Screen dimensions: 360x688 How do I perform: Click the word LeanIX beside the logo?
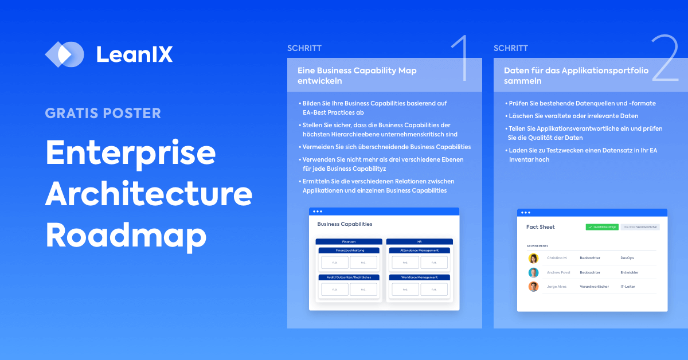(134, 54)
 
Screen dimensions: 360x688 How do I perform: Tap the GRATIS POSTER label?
(103, 113)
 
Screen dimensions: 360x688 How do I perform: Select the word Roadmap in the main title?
(126, 234)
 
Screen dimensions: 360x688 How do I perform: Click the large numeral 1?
(459, 58)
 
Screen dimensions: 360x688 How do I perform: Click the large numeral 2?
(665, 58)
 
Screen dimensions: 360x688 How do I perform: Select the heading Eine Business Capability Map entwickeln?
(357, 76)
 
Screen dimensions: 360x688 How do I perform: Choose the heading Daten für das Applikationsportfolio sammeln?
(576, 76)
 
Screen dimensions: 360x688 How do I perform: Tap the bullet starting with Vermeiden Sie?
(385, 147)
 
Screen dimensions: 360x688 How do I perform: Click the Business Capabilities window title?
(345, 224)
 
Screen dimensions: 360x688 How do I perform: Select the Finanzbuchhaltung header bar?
(349, 251)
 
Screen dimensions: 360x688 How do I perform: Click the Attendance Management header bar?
(420, 251)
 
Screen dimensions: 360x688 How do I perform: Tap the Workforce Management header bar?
(420, 277)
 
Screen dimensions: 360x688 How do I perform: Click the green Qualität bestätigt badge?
(601, 227)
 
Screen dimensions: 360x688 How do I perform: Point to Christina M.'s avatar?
(533, 259)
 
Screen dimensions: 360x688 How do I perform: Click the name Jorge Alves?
(557, 287)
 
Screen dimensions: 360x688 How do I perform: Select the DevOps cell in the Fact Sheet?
(627, 259)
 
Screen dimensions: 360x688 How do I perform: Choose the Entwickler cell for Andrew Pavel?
(629, 273)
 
